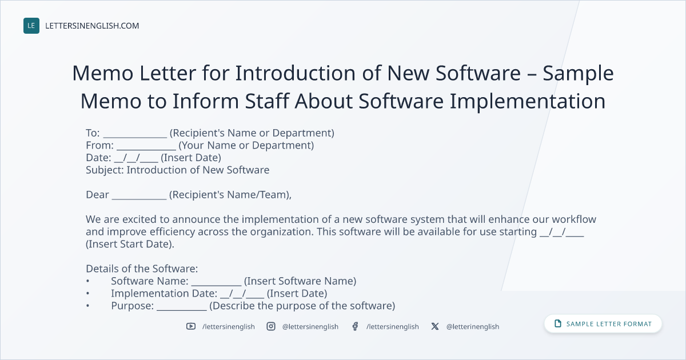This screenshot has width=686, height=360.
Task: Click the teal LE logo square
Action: [31, 26]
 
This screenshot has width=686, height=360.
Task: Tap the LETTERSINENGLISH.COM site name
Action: [92, 26]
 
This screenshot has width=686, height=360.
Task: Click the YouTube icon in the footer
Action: [191, 326]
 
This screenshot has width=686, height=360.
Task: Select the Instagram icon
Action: [271, 326]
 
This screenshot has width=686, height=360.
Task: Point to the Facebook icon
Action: [355, 326]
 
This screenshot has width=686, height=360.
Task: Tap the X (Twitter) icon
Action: [435, 326]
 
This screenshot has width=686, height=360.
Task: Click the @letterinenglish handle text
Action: [473, 327]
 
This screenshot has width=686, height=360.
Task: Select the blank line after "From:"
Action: [146, 149]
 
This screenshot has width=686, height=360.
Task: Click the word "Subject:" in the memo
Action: [105, 170]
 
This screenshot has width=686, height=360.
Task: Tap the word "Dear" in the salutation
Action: [97, 195]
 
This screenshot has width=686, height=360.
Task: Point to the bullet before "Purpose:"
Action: [87, 306]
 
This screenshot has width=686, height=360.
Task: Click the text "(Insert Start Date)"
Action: [130, 244]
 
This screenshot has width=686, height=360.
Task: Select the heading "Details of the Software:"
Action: [142, 269]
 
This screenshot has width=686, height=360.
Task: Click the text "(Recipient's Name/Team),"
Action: [230, 195]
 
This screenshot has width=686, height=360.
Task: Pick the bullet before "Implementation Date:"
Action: [87, 293]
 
